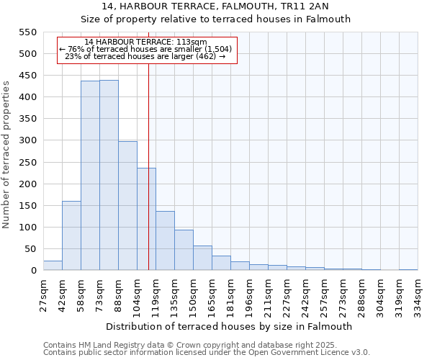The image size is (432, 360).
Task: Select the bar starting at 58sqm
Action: click(90, 176)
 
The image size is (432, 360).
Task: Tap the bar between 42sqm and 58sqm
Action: click(71, 235)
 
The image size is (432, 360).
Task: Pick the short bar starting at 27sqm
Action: click(53, 266)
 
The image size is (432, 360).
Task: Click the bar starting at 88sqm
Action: click(127, 206)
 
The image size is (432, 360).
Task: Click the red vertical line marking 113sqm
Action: click(148, 158)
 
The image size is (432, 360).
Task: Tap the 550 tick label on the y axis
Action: click(27, 32)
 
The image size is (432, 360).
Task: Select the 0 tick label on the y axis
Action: click(32, 271)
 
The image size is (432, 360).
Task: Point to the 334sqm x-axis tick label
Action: click(418, 296)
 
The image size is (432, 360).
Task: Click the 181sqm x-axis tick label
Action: click(231, 296)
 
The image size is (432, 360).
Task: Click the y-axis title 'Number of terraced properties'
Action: click(6, 155)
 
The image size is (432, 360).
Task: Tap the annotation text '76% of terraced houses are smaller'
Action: click(146, 49)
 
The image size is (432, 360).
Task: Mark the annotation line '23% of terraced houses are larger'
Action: click(146, 56)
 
